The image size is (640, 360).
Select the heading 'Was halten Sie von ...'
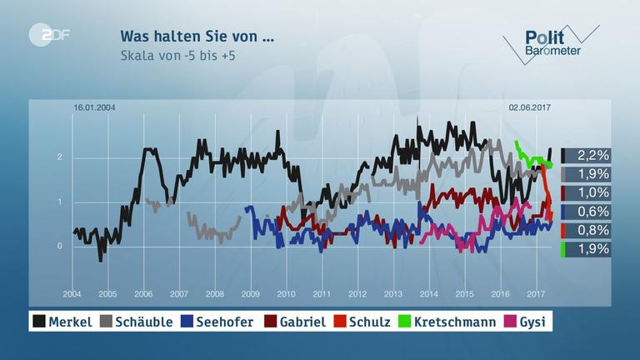tap(197, 37)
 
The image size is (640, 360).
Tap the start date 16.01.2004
tap(93, 107)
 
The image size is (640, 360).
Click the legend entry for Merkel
tap(63, 321)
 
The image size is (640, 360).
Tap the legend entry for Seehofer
tap(218, 321)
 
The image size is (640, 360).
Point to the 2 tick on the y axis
tap(60, 157)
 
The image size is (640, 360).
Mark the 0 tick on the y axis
tap(60, 247)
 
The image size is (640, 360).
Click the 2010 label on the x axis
tap(286, 294)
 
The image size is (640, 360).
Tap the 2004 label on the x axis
tap(72, 294)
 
